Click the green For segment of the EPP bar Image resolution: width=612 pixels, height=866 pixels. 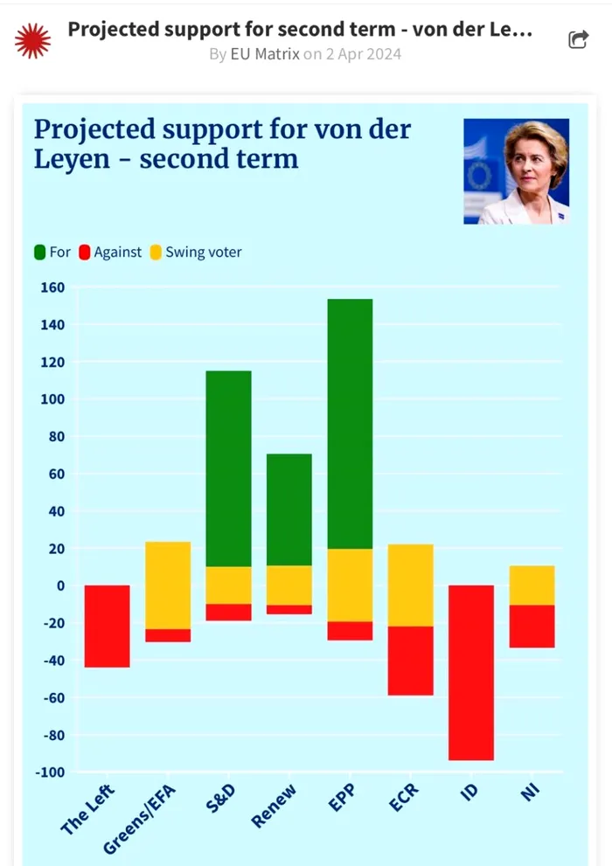[x=350, y=424]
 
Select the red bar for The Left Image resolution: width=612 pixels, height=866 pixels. [x=107, y=626]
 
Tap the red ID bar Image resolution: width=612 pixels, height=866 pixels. [x=471, y=672]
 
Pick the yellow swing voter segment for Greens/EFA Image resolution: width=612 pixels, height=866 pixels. [x=168, y=585]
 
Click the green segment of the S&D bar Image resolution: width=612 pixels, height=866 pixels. [x=228, y=468]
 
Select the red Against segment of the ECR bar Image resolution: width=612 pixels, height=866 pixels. [x=410, y=661]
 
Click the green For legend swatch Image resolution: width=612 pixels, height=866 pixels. [x=39, y=253]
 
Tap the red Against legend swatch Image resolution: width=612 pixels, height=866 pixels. [x=85, y=253]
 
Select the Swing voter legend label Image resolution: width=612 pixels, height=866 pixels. [x=203, y=253]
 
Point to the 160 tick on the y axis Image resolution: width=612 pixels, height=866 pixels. [x=53, y=288]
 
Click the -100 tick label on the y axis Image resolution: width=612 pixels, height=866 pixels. [x=49, y=772]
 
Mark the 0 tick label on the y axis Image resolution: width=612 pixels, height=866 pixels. [x=60, y=585]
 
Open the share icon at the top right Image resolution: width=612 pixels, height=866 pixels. [x=578, y=39]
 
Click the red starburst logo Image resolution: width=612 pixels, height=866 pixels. [x=33, y=40]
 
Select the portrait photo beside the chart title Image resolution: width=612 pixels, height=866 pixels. [x=516, y=171]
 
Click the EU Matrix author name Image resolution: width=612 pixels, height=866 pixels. [x=265, y=54]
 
